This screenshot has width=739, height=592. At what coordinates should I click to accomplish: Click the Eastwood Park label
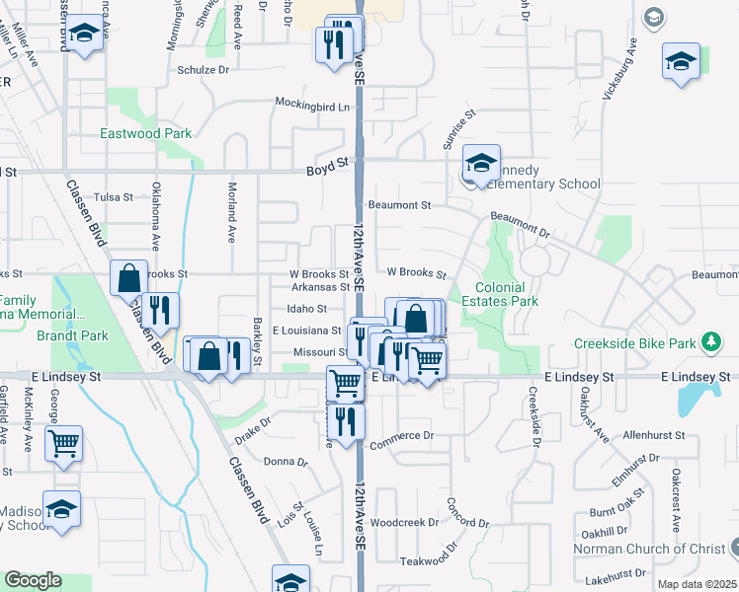[x=145, y=133]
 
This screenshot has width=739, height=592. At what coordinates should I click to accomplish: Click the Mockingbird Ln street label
[x=312, y=105]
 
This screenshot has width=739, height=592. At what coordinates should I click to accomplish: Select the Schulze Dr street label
[x=203, y=70]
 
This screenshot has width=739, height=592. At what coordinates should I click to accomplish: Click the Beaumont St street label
[x=399, y=205]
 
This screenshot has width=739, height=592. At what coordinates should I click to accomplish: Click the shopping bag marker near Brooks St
[x=129, y=278]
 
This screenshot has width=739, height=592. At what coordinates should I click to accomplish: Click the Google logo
[x=33, y=581]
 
